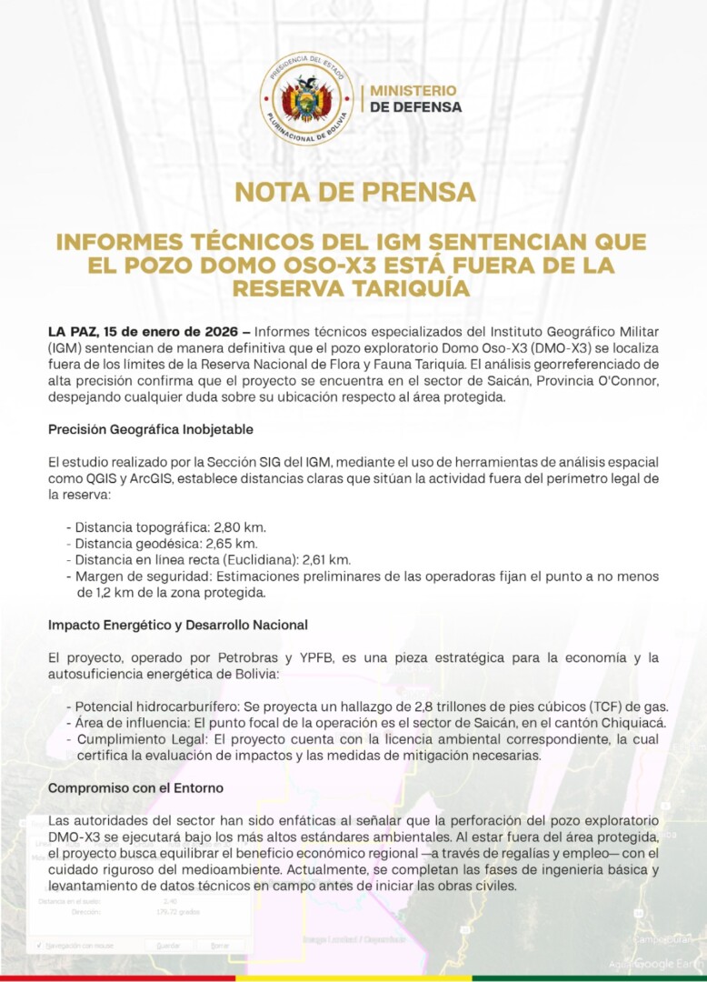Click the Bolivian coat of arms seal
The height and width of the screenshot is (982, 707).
click(x=306, y=99)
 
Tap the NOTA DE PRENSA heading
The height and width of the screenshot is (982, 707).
click(x=354, y=193)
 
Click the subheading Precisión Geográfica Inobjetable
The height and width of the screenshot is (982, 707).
click(x=150, y=428)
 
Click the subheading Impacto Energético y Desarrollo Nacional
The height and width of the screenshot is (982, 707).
click(x=177, y=625)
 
